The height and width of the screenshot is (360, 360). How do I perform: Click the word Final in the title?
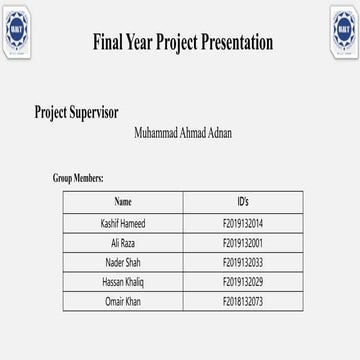pos(108,42)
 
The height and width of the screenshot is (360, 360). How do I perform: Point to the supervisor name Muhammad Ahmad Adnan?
pos(182,132)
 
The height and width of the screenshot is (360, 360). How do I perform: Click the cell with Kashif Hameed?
pos(123,223)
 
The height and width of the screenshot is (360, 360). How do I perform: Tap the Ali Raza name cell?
pos(123,243)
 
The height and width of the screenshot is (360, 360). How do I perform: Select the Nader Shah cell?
pos(123,262)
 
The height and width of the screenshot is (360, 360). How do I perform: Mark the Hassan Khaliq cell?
pos(123,282)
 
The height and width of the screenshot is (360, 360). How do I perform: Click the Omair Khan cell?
pos(123,302)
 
